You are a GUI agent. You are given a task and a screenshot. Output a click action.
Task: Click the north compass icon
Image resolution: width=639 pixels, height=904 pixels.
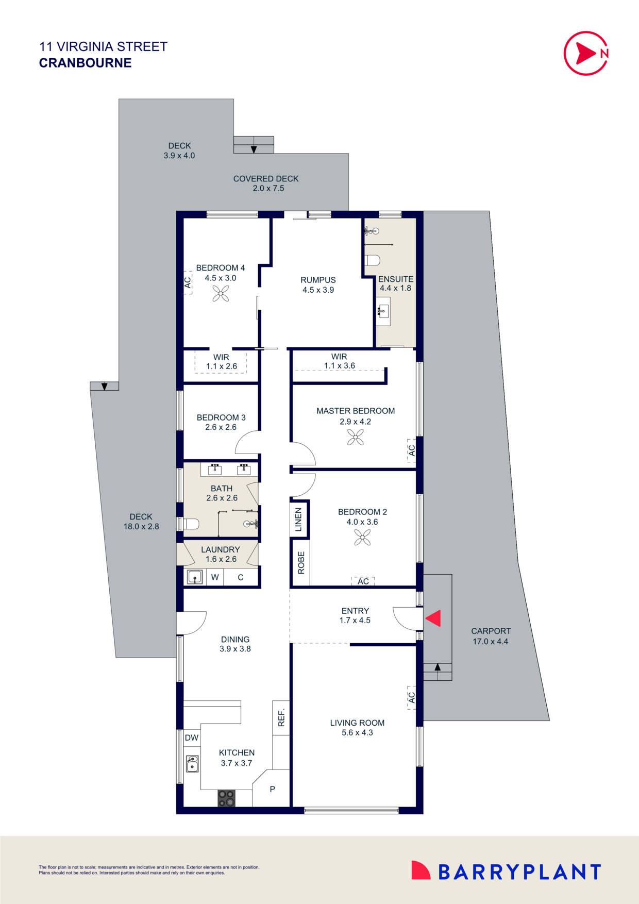click(x=586, y=53)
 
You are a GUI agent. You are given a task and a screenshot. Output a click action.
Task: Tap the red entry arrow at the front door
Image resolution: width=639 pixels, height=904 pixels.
click(x=433, y=618)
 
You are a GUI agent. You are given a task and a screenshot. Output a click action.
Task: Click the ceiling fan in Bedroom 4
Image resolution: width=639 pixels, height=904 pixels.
click(x=221, y=294)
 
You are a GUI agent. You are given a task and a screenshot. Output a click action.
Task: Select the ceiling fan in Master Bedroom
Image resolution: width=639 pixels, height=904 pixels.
click(x=356, y=438)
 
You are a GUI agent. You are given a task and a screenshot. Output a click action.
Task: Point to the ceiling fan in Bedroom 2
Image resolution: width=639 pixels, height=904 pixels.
click(x=362, y=538)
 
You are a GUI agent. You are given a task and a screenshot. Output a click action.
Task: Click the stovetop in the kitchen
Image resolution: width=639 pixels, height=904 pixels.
click(x=226, y=798)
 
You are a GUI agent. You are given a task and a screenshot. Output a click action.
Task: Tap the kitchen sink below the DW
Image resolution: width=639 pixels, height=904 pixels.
click(x=192, y=764)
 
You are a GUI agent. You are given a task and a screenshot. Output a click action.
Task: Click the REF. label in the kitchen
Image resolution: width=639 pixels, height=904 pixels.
click(x=281, y=717)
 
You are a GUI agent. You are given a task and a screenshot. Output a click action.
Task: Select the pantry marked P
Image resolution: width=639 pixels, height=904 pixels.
click(x=272, y=789)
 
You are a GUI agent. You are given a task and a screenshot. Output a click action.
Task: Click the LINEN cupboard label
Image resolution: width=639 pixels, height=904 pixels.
click(x=298, y=520)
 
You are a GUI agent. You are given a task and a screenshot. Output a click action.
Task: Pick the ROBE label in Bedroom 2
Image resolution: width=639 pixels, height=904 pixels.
click(x=301, y=562)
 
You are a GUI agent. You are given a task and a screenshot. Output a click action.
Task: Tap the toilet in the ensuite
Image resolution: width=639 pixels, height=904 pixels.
click(x=372, y=259)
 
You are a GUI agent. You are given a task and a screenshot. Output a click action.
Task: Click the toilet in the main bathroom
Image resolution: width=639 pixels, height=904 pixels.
click(x=191, y=524)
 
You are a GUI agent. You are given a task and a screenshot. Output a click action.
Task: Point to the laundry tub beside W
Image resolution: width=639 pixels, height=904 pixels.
click(x=195, y=577)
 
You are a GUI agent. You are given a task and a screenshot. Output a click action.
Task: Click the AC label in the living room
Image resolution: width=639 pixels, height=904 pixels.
click(x=411, y=697)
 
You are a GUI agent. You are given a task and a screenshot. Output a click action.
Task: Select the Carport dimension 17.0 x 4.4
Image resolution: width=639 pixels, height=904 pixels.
click(x=490, y=642)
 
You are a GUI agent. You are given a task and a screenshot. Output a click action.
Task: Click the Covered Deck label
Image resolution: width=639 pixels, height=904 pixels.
click(x=266, y=179)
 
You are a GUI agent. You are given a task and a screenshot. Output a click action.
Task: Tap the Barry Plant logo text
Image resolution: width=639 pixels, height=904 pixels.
click(x=519, y=872)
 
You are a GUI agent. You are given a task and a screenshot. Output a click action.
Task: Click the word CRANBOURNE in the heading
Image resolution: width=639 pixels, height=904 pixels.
click(x=85, y=63)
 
